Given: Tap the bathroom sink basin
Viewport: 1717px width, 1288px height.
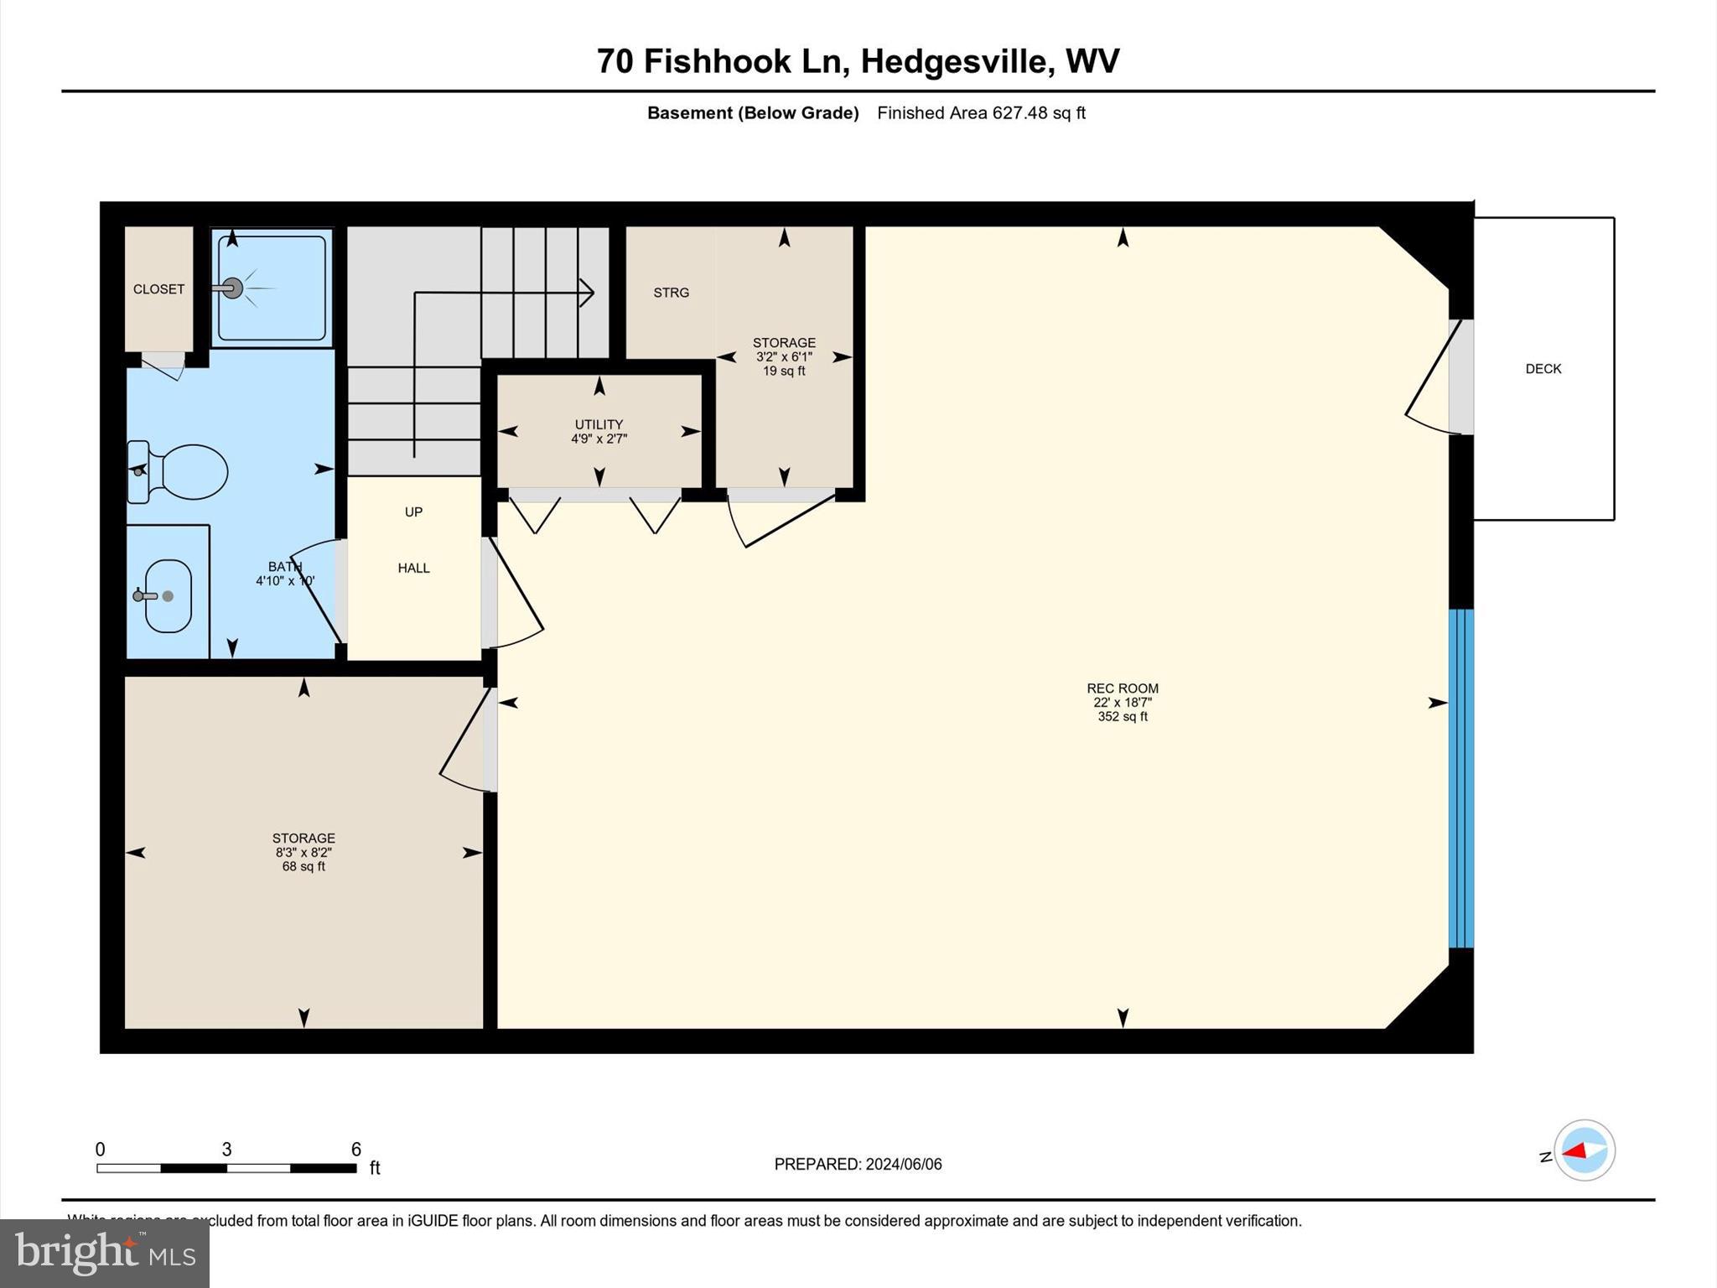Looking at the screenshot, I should click(x=168, y=596).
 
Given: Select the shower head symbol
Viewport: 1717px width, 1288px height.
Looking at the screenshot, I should click(x=232, y=288).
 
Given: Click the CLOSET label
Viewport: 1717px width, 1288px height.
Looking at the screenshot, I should click(x=158, y=289).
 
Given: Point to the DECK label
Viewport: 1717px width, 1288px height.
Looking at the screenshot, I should click(x=1543, y=369).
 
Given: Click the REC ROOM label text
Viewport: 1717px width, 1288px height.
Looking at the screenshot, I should click(x=1122, y=688).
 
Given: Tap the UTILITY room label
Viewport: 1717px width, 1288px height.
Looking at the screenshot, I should click(x=599, y=424).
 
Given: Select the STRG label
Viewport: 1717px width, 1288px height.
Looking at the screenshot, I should click(x=671, y=293).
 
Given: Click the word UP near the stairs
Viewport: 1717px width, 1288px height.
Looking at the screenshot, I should click(x=413, y=512).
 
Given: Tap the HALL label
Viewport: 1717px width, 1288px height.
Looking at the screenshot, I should click(x=413, y=569).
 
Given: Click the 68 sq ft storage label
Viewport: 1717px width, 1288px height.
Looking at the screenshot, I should click(x=303, y=866).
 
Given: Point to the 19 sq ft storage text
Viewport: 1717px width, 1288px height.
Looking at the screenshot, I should click(x=784, y=371).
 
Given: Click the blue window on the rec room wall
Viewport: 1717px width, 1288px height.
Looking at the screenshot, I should click(x=1460, y=778).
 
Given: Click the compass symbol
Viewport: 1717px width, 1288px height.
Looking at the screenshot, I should click(x=1584, y=1150).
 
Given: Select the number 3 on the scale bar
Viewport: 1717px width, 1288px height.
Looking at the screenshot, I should click(x=226, y=1150).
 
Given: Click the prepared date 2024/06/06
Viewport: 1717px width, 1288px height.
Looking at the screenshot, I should click(x=903, y=1164).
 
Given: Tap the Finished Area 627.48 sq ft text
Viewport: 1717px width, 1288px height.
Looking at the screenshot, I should click(x=981, y=113).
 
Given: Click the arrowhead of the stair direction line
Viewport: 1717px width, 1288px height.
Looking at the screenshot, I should click(x=588, y=292).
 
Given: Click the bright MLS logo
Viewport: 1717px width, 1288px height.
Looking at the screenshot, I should click(x=105, y=1254).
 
